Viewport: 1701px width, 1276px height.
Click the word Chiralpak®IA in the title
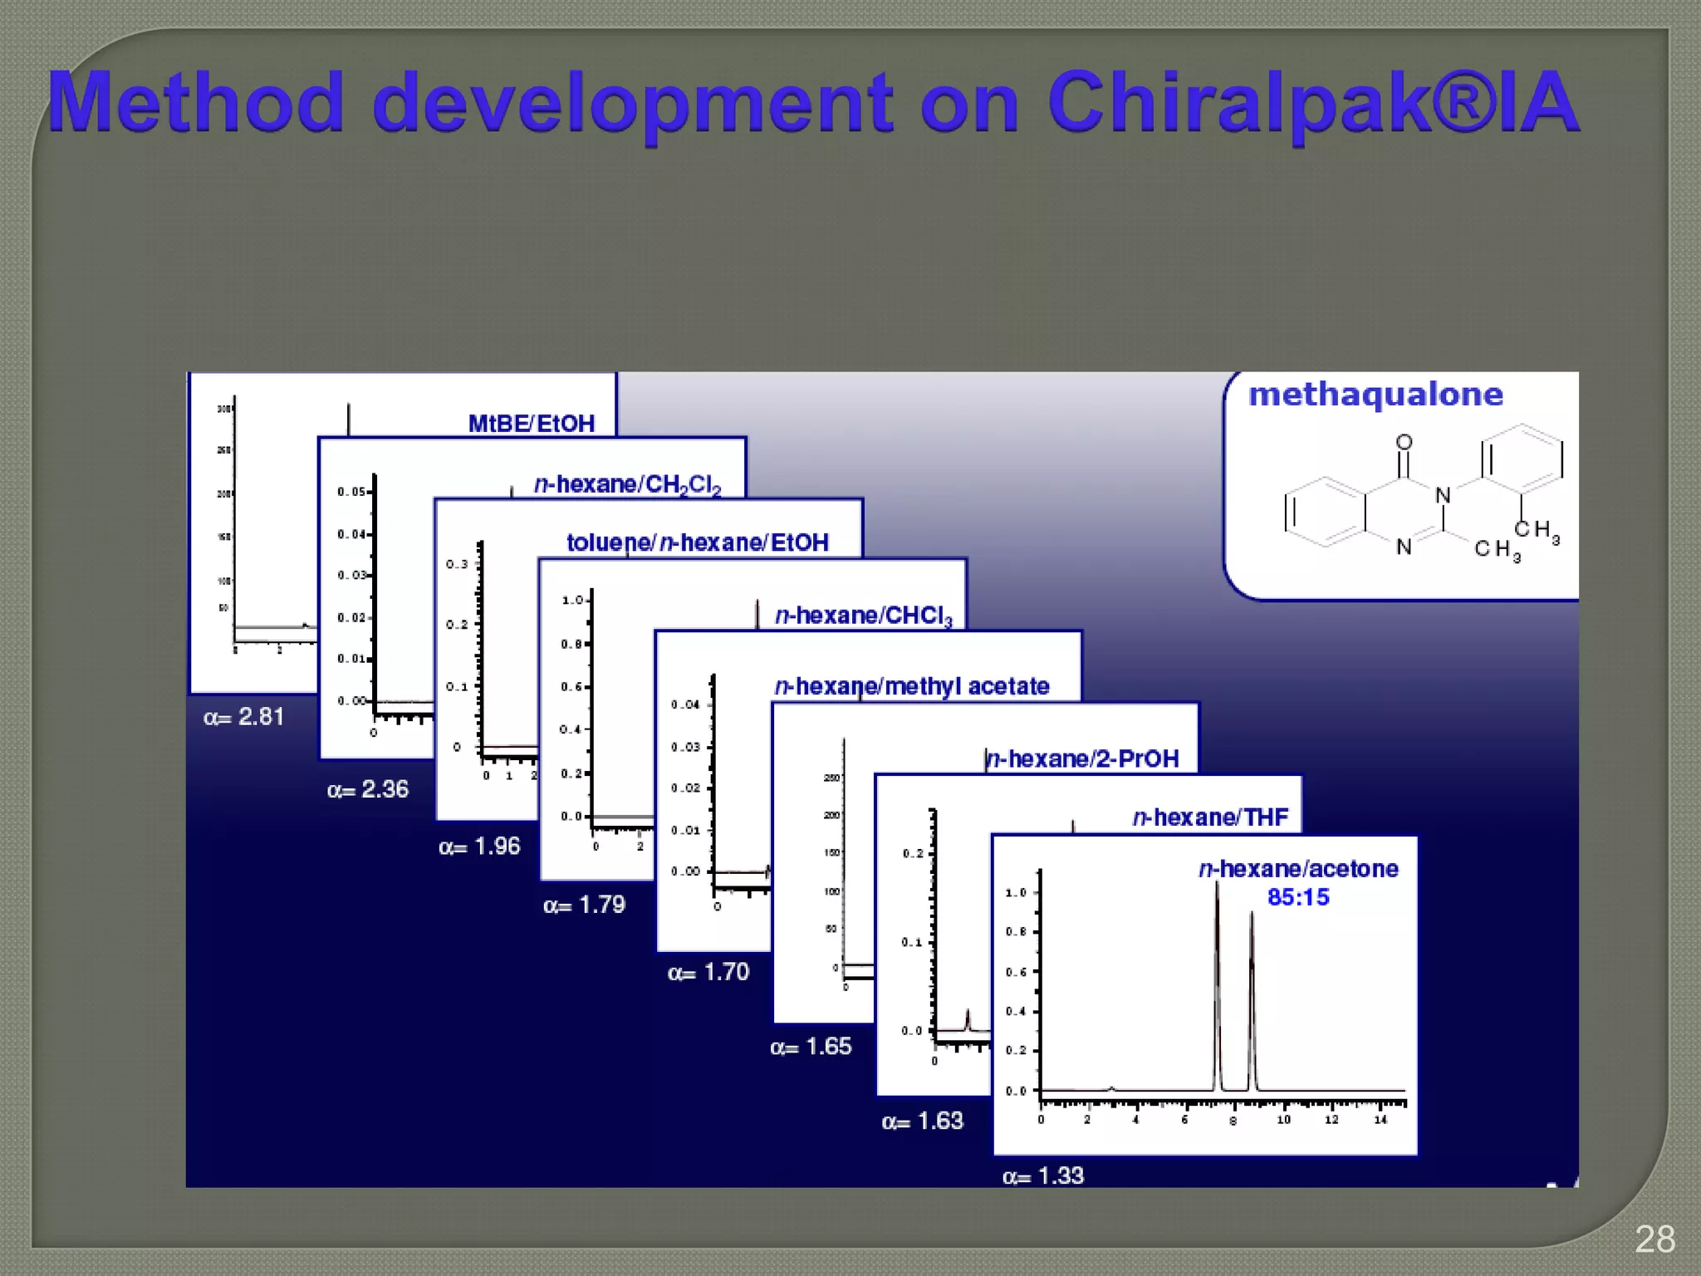[1312, 104]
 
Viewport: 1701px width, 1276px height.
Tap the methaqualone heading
[1375, 394]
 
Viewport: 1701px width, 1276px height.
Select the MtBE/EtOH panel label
[532, 424]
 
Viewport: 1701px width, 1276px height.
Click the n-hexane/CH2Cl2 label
[627, 484]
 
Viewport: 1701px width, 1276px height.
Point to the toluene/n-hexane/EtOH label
[697, 542]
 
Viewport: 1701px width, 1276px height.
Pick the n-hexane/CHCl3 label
[863, 616]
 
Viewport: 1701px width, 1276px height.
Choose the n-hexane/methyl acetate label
[911, 686]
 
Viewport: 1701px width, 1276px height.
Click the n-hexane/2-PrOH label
[1081, 758]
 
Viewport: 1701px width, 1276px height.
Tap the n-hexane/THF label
[1210, 817]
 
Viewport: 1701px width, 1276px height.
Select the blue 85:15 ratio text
[1298, 897]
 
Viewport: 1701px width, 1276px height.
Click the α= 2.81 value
[243, 716]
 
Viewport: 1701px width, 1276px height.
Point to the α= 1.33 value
[1042, 1175]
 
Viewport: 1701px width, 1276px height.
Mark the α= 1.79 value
[584, 905]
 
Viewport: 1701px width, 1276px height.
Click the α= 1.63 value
[922, 1121]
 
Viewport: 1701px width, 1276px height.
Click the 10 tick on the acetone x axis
[1283, 1120]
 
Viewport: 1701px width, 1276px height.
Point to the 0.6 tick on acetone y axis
[1016, 972]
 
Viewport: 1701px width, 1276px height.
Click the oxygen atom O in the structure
[1404, 442]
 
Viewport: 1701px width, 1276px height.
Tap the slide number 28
[1654, 1239]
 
